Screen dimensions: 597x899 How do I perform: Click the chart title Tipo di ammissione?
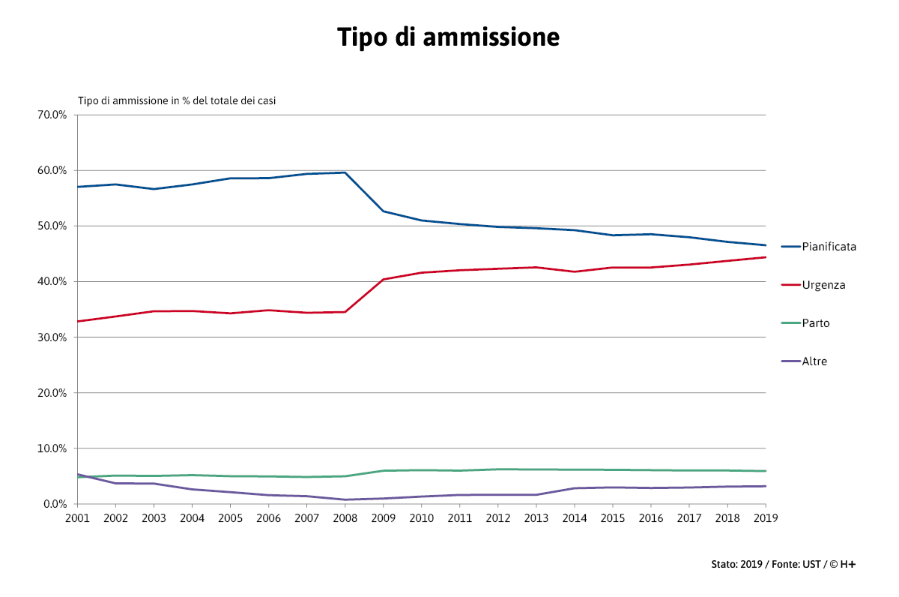tap(448, 37)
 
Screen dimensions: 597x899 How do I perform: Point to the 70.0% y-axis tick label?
tap(53, 115)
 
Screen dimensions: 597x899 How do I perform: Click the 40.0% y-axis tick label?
tap(53, 281)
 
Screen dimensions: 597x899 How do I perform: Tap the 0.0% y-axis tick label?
tap(55, 504)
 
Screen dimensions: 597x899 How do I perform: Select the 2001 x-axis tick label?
tap(77, 517)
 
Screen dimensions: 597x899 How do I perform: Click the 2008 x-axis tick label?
tap(345, 517)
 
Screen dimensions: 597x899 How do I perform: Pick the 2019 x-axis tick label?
tap(765, 517)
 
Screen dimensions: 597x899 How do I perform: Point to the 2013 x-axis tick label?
tap(536, 517)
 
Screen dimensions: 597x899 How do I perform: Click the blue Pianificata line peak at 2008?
tap(345, 172)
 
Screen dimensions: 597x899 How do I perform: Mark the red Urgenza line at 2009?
tap(383, 279)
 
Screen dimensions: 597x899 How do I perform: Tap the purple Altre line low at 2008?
tap(345, 499)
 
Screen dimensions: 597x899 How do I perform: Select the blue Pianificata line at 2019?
tap(765, 245)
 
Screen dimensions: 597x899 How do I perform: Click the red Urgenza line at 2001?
tap(78, 321)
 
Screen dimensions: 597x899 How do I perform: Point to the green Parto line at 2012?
tap(497, 469)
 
